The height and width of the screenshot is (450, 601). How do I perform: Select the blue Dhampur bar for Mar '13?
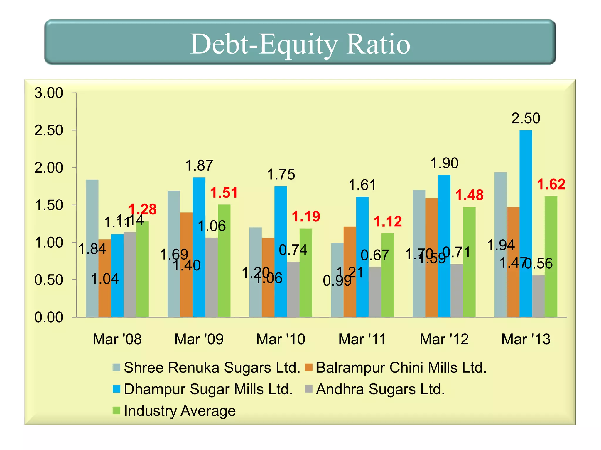(526, 223)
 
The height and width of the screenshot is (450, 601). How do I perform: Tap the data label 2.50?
(526, 118)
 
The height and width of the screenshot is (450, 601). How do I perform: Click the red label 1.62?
(551, 185)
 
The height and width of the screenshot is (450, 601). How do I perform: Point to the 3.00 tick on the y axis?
(49, 93)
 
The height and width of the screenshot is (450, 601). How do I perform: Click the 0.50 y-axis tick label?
(49, 280)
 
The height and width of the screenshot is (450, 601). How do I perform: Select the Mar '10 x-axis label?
(281, 339)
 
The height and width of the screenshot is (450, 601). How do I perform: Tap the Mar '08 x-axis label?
(117, 339)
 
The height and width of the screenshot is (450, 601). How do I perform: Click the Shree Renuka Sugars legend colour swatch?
(117, 367)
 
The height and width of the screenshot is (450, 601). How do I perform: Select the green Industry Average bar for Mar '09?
(224, 261)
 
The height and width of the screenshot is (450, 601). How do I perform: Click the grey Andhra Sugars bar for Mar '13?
(538, 296)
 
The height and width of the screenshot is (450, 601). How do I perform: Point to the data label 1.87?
(199, 166)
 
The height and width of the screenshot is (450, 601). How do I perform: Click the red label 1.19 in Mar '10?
(306, 217)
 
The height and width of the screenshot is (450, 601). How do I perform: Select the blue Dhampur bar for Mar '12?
(444, 246)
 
